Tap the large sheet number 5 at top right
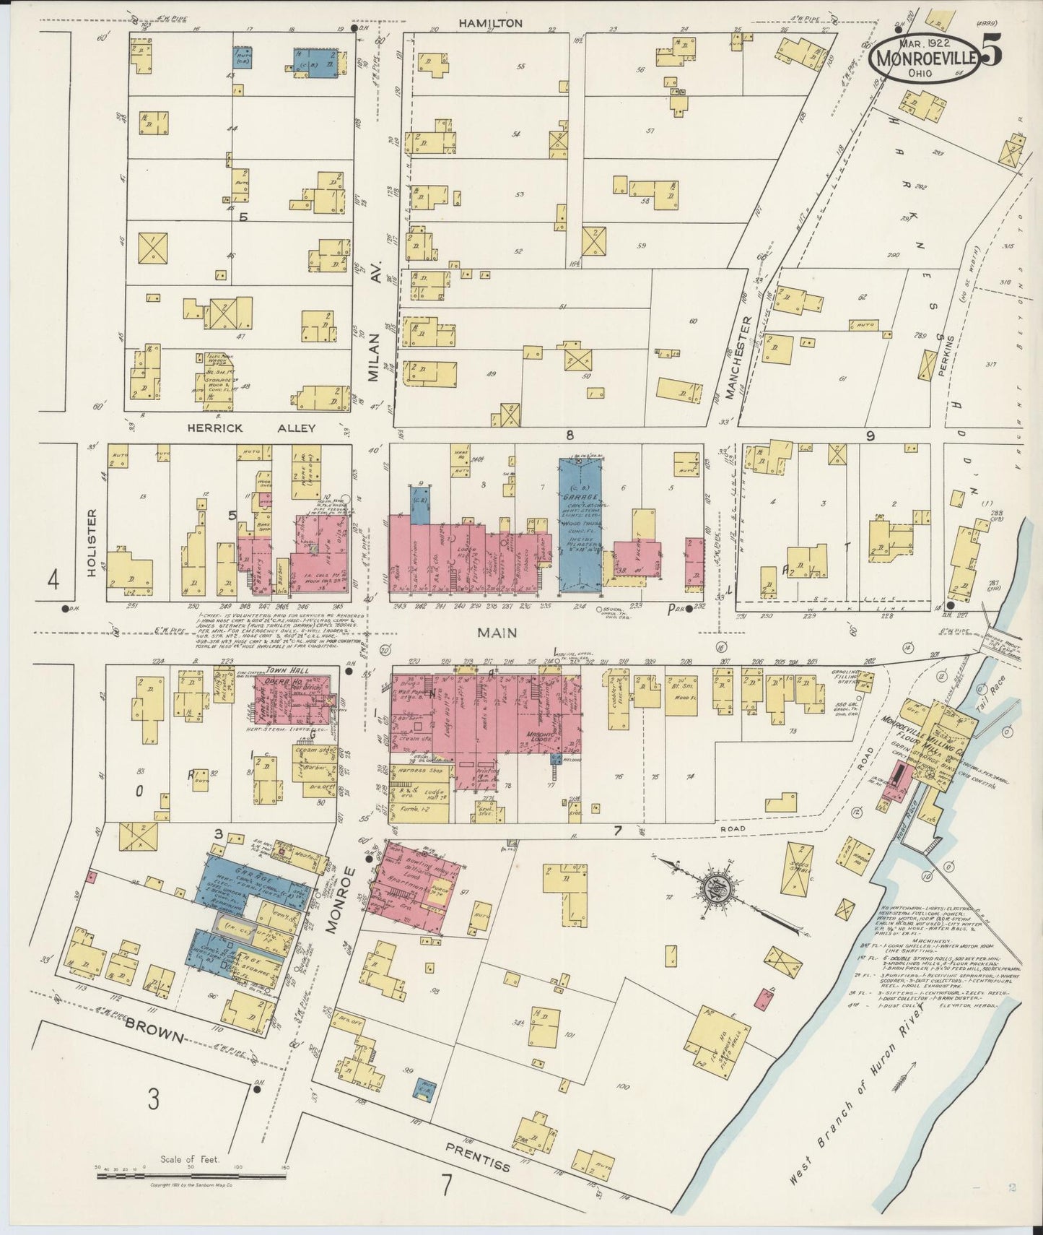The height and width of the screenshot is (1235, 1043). [991, 54]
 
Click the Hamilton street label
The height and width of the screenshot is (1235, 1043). [491, 23]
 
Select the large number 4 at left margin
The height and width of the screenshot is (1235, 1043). [53, 580]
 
